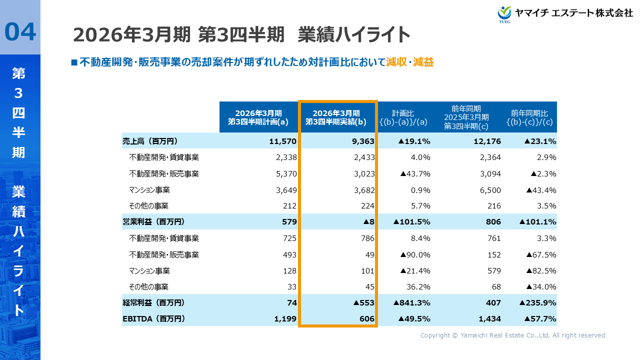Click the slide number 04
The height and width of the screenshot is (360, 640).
(x=20, y=31)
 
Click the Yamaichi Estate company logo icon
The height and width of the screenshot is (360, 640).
(x=504, y=13)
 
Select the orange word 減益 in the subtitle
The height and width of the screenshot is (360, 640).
(x=423, y=62)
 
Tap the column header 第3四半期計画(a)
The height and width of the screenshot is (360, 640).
(x=258, y=117)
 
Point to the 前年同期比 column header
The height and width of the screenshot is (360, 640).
(x=529, y=117)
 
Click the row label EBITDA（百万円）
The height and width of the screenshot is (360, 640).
(x=153, y=318)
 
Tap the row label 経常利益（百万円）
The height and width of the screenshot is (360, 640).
(x=153, y=302)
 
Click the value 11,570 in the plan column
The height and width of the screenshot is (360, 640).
(x=282, y=141)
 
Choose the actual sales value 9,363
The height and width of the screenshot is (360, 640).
(x=362, y=141)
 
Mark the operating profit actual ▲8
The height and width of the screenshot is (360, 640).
(x=368, y=222)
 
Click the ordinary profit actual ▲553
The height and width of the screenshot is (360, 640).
(x=363, y=302)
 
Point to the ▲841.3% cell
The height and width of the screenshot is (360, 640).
(x=412, y=302)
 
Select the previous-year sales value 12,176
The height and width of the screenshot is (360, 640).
(x=487, y=141)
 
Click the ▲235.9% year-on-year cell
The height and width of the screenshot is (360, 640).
(x=538, y=302)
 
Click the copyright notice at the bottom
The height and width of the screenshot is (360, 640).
(x=512, y=335)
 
